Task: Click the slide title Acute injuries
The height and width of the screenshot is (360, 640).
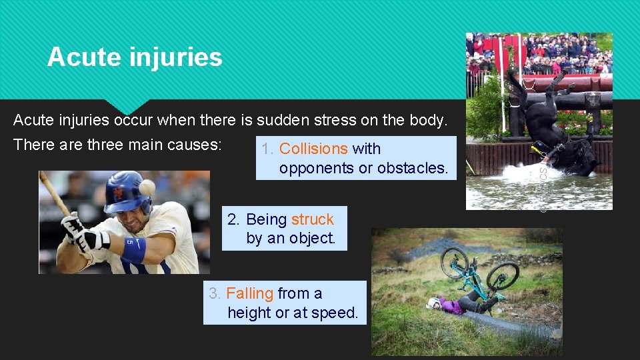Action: tap(135, 57)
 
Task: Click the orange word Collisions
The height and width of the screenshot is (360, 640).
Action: tap(313, 149)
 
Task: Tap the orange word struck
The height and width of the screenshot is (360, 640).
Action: tap(312, 219)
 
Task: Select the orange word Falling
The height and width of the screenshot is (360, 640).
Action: tap(250, 293)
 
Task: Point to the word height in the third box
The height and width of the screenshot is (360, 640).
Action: tap(249, 313)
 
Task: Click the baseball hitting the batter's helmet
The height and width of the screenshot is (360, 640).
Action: tap(147, 187)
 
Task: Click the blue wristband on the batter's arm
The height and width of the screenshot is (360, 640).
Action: tap(134, 250)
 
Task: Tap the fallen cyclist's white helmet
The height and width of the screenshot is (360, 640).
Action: tap(433, 303)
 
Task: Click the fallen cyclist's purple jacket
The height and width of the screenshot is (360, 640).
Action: tap(451, 306)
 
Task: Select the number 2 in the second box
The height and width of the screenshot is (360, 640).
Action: tap(232, 219)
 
